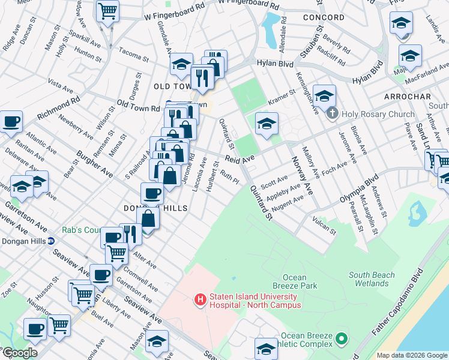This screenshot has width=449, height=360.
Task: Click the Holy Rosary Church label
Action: tap(378, 114)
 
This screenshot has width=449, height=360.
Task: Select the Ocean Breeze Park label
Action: tap(300, 281)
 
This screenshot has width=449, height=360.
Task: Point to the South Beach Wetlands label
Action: tap(372, 280)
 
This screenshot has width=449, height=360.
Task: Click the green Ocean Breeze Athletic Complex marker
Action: tap(342, 340)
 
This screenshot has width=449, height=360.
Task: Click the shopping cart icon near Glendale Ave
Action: tap(107, 10)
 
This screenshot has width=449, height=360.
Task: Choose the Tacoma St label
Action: tap(133, 55)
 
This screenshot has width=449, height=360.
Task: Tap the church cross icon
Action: tap(331, 113)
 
